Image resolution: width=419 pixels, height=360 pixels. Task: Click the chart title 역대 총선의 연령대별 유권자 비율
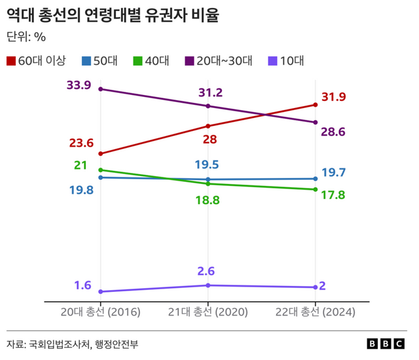(x=112, y=16)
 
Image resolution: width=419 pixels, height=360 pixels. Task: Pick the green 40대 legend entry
(x=151, y=61)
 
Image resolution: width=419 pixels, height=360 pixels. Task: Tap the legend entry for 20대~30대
(x=219, y=61)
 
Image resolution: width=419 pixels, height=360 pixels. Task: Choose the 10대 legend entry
(x=286, y=61)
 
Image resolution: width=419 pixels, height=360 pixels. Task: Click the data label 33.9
(x=79, y=85)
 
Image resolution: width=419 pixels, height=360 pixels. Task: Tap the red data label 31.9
(x=333, y=98)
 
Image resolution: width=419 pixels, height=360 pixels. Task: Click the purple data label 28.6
(x=333, y=132)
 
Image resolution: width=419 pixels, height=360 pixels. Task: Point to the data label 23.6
(x=82, y=143)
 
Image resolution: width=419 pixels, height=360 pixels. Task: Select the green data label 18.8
(x=208, y=200)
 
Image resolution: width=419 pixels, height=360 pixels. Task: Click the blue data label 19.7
(x=333, y=173)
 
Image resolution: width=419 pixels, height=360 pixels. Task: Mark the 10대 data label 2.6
(x=208, y=271)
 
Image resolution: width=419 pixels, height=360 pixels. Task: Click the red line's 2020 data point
(x=208, y=126)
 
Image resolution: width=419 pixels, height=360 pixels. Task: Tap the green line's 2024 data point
(x=316, y=190)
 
